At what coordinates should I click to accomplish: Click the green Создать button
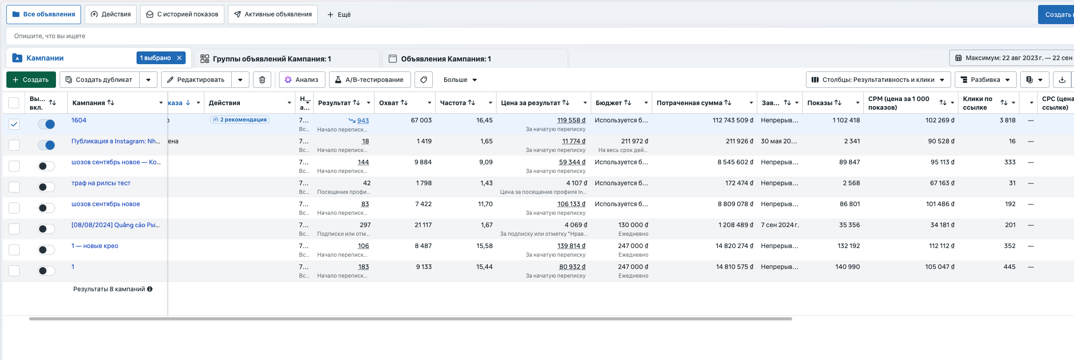[31, 80]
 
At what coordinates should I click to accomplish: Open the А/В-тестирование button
[370, 80]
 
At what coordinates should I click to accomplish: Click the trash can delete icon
[262, 80]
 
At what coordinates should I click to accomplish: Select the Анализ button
[302, 80]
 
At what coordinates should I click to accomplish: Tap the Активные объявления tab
[273, 15]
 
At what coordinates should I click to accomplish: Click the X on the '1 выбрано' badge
[179, 58]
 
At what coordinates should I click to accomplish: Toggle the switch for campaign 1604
[46, 124]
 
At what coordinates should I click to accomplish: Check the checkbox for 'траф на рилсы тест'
[14, 187]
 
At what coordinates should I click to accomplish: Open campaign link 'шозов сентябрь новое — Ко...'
[116, 162]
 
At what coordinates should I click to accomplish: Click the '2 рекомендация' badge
[240, 120]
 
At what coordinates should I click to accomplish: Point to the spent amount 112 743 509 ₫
[733, 120]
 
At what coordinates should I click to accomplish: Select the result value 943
[363, 121]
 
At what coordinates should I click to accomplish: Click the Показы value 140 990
[847, 267]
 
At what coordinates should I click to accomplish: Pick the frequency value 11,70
[485, 204]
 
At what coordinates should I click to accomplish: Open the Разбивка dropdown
[985, 80]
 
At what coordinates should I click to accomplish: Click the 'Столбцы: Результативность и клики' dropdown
[878, 80]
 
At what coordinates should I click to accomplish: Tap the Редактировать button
[196, 80]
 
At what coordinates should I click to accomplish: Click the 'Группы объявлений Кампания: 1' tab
[272, 59]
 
